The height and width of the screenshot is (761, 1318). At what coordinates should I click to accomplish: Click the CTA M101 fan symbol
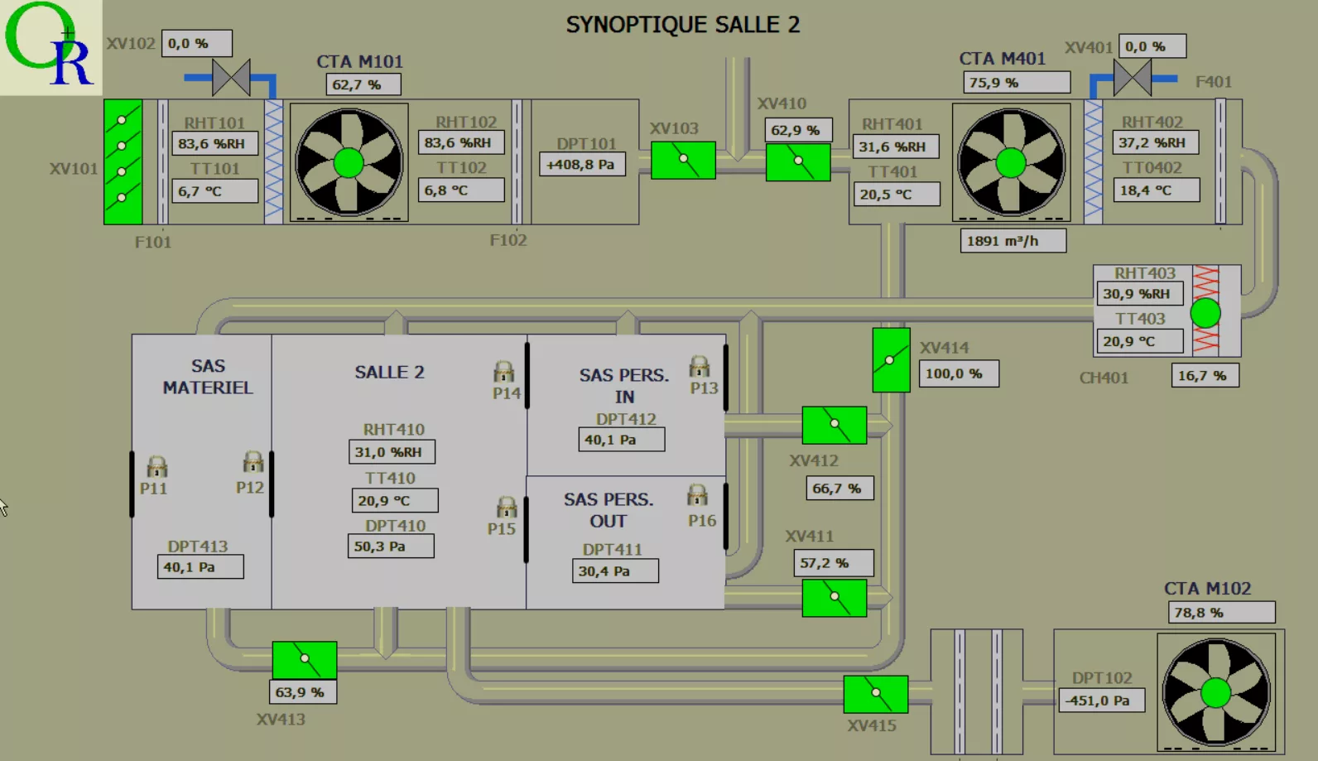(x=349, y=162)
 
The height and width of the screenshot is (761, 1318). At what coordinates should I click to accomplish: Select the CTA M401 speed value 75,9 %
(x=1016, y=83)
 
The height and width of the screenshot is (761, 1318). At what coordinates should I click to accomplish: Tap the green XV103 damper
(x=683, y=160)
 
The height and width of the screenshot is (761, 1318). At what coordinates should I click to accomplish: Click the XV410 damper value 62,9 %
(x=797, y=130)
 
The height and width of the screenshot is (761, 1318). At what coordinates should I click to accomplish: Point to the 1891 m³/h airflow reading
(x=1013, y=241)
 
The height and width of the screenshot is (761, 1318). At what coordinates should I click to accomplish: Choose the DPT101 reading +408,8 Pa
(x=581, y=165)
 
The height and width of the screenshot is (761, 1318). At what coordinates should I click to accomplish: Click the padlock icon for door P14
(x=503, y=371)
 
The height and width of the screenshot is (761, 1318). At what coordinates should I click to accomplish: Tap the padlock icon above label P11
(x=156, y=466)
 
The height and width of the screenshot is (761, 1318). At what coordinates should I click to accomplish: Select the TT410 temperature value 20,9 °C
(x=394, y=500)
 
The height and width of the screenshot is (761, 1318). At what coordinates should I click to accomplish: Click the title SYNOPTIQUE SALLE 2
(x=682, y=25)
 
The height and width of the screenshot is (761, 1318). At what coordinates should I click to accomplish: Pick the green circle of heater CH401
(x=1205, y=313)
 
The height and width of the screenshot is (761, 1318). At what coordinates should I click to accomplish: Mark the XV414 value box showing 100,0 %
(x=958, y=373)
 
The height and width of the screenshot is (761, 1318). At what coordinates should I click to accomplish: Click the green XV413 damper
(x=304, y=659)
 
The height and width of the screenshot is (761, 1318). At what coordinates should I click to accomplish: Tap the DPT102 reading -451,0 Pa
(x=1101, y=701)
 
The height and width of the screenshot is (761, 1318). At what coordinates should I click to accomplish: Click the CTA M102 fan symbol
(x=1215, y=691)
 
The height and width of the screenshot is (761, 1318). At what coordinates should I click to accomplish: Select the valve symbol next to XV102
(x=231, y=78)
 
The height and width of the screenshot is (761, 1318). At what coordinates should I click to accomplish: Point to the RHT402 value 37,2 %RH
(x=1156, y=142)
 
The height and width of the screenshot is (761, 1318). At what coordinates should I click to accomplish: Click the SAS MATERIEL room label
(x=208, y=377)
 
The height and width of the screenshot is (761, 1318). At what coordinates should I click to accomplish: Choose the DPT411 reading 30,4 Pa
(x=614, y=571)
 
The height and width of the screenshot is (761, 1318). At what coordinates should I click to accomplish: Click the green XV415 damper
(x=875, y=694)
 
